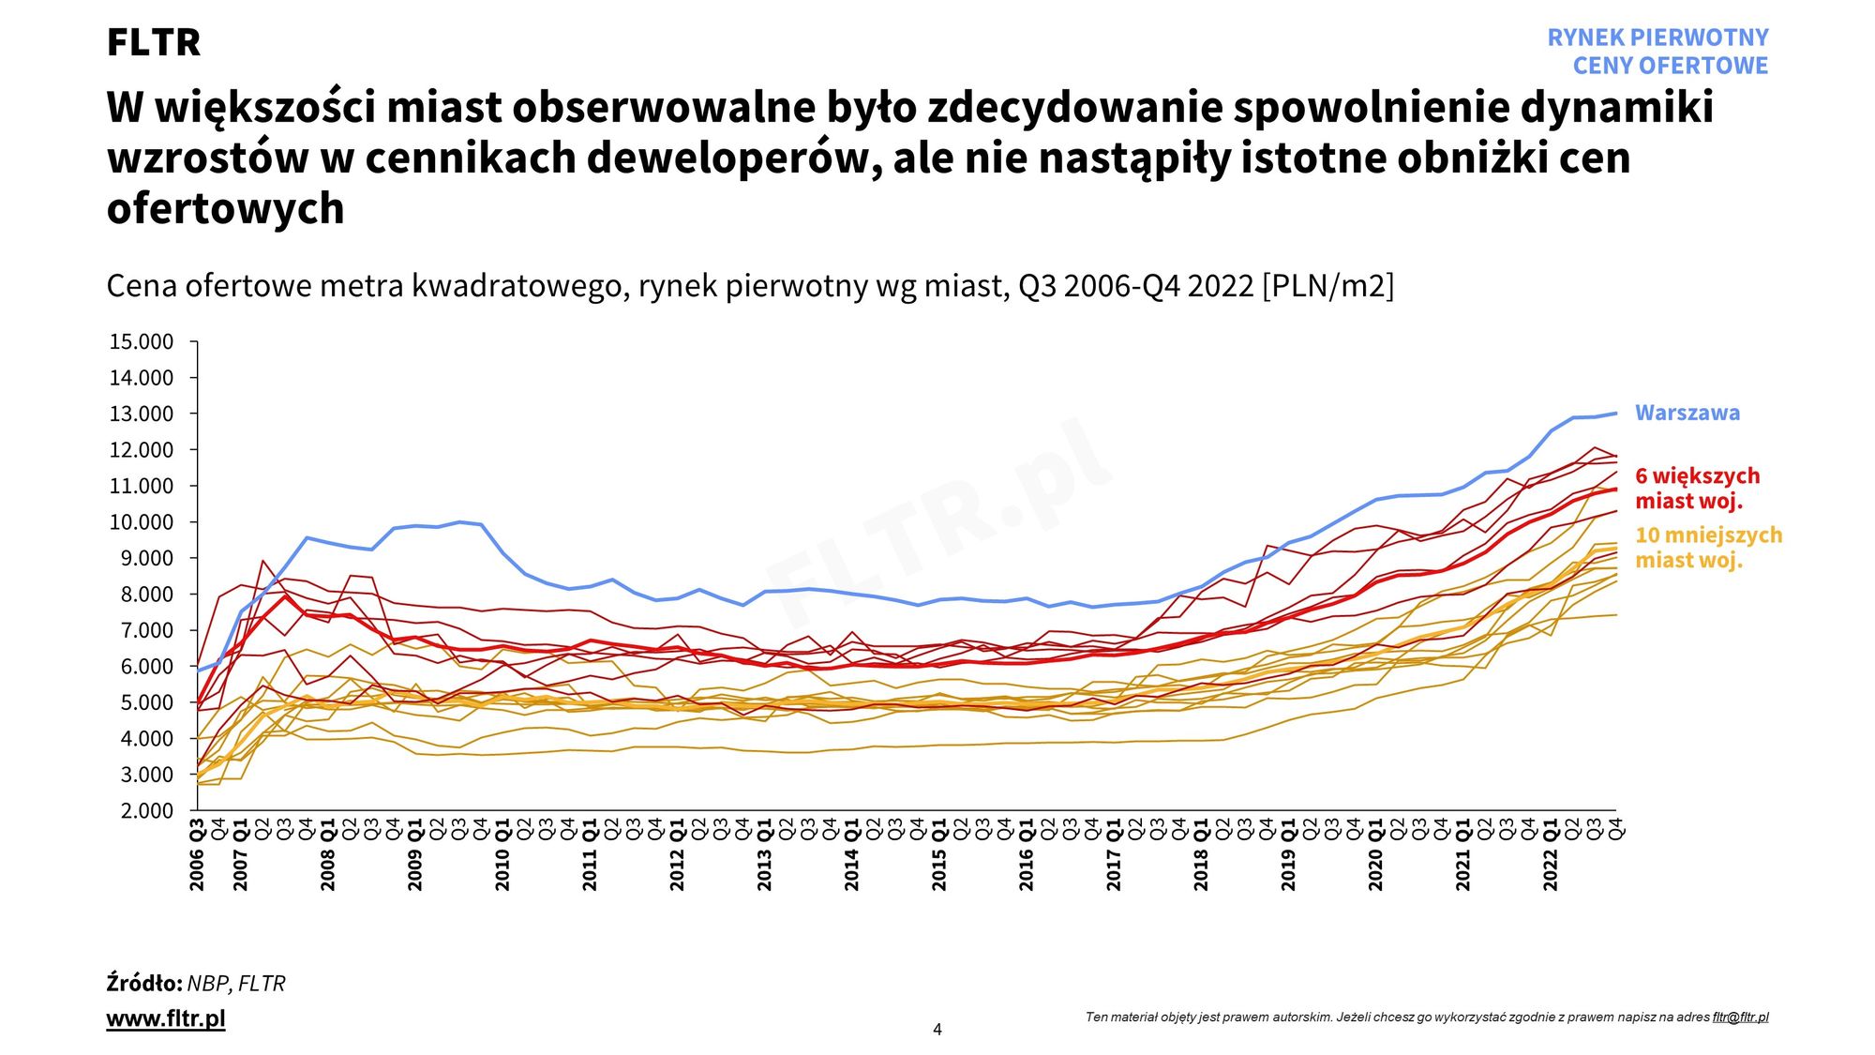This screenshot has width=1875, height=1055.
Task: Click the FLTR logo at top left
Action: tap(154, 42)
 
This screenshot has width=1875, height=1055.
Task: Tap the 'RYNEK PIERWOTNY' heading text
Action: tap(1657, 38)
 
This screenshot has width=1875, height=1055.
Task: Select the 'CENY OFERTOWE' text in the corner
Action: tap(1670, 66)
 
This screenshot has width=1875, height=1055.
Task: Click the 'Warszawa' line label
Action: tap(1687, 413)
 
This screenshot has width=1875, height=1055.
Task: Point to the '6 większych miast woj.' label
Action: tap(1697, 488)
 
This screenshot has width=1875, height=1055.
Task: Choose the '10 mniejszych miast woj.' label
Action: tap(1708, 547)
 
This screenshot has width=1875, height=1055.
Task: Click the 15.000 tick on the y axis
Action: tap(142, 341)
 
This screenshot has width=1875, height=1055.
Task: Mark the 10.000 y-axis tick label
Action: tap(142, 522)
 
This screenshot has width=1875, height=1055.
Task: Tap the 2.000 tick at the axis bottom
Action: tap(147, 810)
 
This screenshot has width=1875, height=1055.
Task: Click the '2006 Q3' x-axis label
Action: tap(197, 854)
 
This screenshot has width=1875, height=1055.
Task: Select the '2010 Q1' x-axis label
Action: tap(502, 854)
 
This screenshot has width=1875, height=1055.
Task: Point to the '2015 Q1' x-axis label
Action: tap(938, 854)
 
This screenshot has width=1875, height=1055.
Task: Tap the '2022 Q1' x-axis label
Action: tap(1550, 854)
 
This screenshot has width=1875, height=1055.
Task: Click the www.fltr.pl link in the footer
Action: tap(166, 1018)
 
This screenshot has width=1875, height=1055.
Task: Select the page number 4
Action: tap(937, 1030)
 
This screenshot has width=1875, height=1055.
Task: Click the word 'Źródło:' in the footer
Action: tap(144, 983)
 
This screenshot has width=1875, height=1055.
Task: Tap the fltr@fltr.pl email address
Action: tap(1740, 1017)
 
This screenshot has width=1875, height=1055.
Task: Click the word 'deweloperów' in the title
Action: tap(734, 158)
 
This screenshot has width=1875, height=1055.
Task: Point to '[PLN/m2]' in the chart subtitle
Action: tap(1327, 285)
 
